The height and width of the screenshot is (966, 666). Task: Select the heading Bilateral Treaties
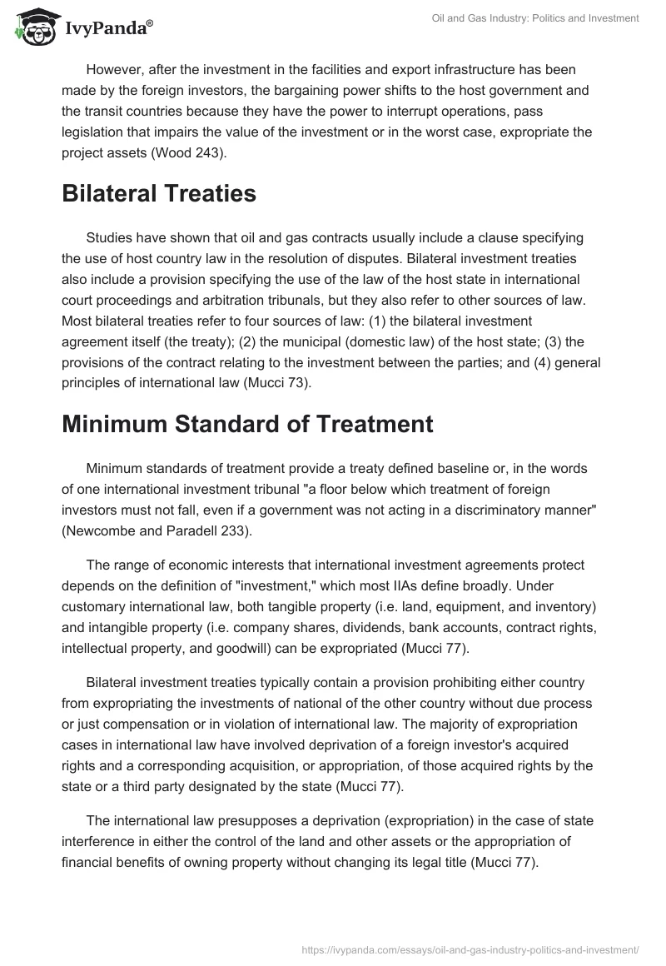pyautogui.click(x=159, y=194)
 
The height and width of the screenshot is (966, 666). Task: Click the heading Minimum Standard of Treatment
pyautogui.click(x=247, y=424)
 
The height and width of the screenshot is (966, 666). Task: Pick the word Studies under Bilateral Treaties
pyautogui.click(x=110, y=237)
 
